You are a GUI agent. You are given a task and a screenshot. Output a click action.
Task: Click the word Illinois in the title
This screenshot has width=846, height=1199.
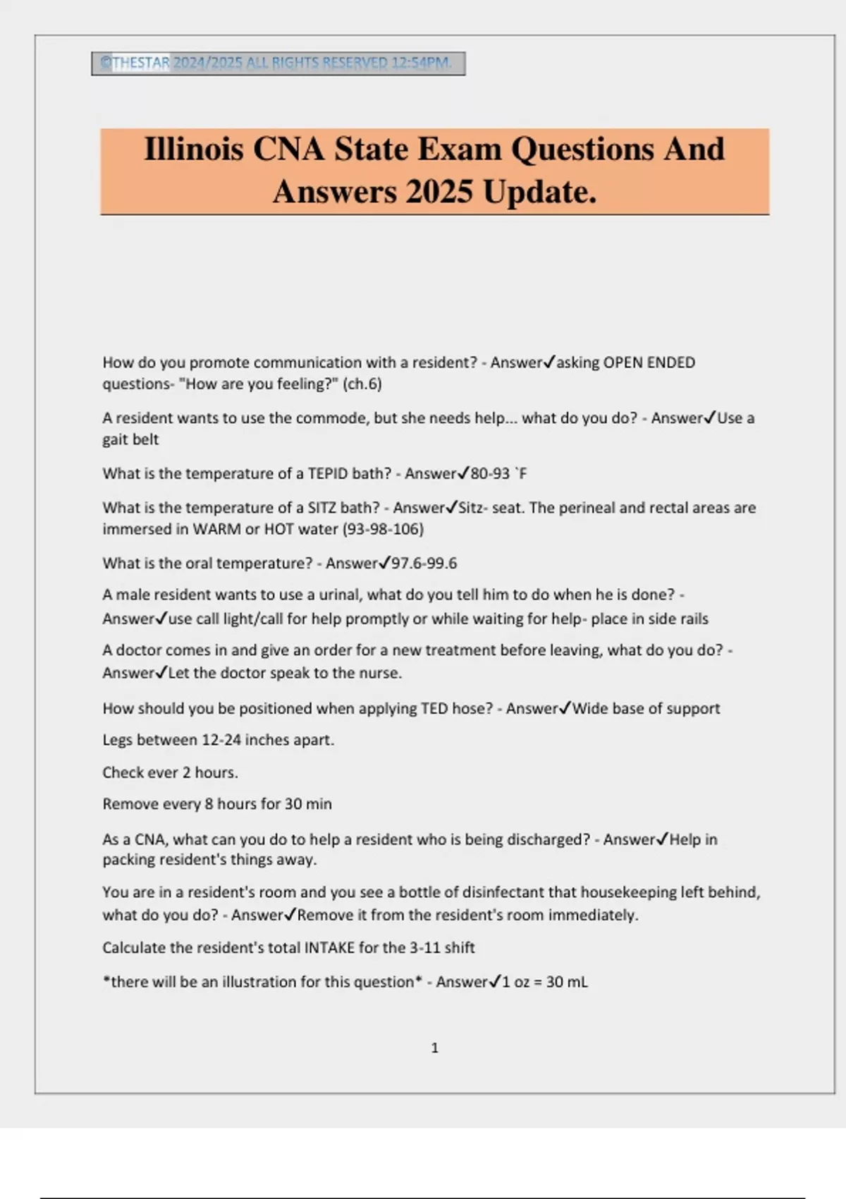click(194, 150)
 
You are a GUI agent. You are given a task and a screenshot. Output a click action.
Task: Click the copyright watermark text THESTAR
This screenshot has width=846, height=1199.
click(140, 63)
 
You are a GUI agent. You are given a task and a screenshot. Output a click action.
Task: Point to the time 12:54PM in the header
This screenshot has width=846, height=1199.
click(421, 63)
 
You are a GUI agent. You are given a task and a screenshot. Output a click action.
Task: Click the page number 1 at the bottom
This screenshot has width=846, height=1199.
click(434, 1048)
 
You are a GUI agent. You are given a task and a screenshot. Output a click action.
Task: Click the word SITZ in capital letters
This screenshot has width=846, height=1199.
click(322, 508)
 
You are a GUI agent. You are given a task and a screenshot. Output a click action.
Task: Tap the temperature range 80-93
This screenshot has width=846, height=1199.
click(490, 473)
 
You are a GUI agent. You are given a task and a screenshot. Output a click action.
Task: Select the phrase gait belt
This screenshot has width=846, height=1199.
click(130, 439)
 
